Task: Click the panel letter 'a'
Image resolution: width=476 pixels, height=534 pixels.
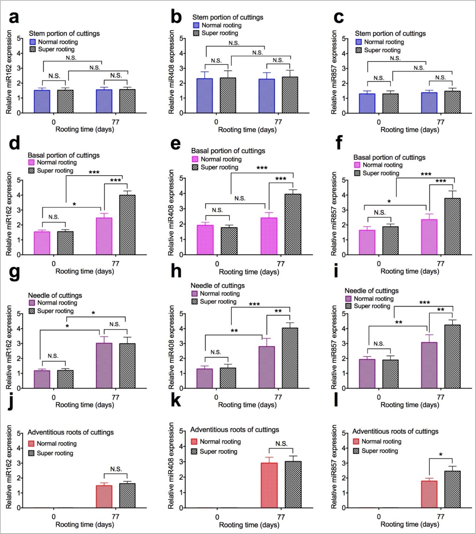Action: (x=14, y=17)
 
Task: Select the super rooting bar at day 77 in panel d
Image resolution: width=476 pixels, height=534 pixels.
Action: (x=127, y=225)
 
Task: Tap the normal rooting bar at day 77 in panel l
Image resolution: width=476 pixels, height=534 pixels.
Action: (x=429, y=494)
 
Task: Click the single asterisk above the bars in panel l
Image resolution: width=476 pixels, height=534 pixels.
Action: (x=441, y=454)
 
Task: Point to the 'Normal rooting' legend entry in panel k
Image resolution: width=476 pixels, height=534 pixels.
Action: (x=220, y=442)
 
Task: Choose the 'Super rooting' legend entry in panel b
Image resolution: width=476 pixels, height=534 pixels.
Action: (x=220, y=33)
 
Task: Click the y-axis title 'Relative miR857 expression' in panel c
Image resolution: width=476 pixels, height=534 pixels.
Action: (x=334, y=72)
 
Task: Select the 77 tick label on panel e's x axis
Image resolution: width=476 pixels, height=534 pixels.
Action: (x=281, y=264)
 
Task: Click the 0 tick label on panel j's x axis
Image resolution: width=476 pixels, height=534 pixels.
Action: (x=54, y=517)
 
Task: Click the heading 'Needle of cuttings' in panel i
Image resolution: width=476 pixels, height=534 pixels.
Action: (x=371, y=291)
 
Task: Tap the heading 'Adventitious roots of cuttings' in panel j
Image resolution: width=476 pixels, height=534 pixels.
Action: (x=71, y=432)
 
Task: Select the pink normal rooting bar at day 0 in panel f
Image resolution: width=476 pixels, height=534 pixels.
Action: (x=367, y=242)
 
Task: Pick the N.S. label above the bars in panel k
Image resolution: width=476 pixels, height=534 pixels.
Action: (x=281, y=444)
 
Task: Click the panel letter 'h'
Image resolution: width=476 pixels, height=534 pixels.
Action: (x=176, y=272)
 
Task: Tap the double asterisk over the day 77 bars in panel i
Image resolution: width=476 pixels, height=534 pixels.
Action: (x=440, y=310)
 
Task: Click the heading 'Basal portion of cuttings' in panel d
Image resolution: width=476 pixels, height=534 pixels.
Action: (x=64, y=155)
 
